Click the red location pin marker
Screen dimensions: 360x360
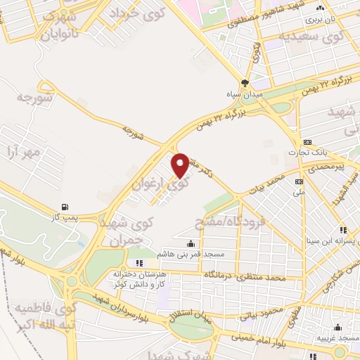click(x=181, y=165)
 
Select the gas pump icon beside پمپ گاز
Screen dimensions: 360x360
click(x=65, y=207)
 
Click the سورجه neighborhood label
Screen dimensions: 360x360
click(x=34, y=98)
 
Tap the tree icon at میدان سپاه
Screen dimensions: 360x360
click(x=245, y=82)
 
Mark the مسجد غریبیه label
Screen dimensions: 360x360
click(x=340, y=338)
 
